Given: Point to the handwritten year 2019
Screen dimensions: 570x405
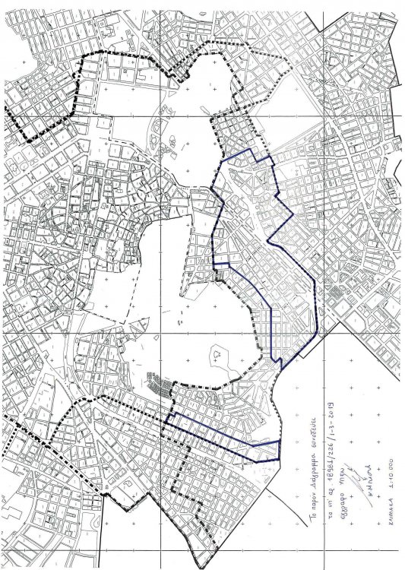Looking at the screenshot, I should (331, 410).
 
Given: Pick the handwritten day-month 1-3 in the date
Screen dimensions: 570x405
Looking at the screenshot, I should (331, 432).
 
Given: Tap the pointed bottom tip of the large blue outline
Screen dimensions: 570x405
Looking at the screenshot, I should (282, 369).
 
